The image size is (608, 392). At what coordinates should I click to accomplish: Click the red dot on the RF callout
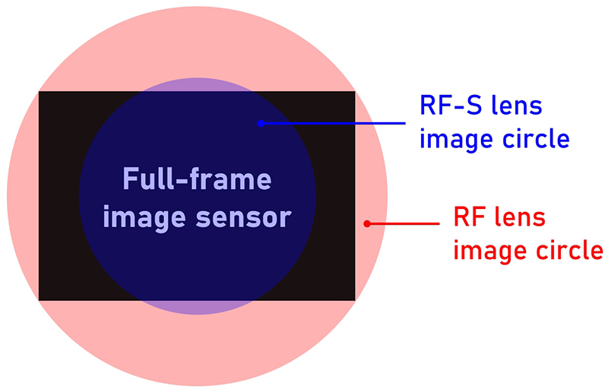[x=367, y=224]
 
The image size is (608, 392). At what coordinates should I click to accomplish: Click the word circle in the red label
[x=571, y=250]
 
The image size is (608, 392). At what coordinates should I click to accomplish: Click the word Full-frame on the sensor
[x=197, y=182]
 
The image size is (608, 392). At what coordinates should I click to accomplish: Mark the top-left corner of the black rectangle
[x=40, y=92]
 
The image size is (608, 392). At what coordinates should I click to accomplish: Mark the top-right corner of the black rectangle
[x=354, y=92]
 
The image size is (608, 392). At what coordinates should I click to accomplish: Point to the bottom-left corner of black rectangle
[x=40, y=299]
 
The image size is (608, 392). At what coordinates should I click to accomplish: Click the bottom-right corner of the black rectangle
[x=354, y=299]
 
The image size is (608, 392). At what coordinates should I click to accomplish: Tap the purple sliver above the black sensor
[x=197, y=84]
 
